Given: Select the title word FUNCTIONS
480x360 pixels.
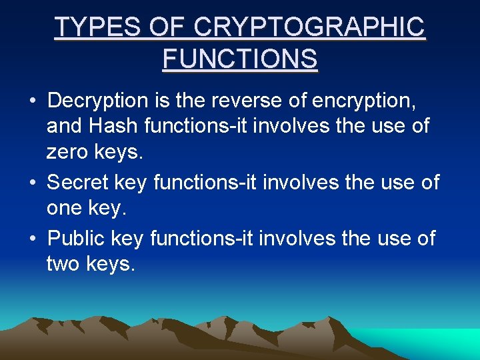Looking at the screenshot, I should [x=240, y=59].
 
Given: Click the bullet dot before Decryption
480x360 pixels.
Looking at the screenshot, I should [x=32, y=102].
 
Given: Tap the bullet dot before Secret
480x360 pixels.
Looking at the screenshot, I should [x=32, y=183].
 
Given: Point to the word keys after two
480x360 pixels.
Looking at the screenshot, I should [x=111, y=264].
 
